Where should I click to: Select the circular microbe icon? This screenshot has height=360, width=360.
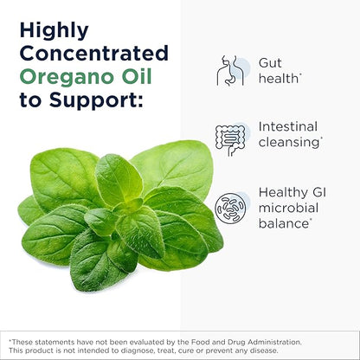coord(231,207)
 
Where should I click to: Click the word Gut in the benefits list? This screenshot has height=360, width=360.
coord(271,64)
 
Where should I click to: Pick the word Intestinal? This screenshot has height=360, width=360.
coord(287,126)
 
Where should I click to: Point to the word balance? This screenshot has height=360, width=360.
coord(284,222)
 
